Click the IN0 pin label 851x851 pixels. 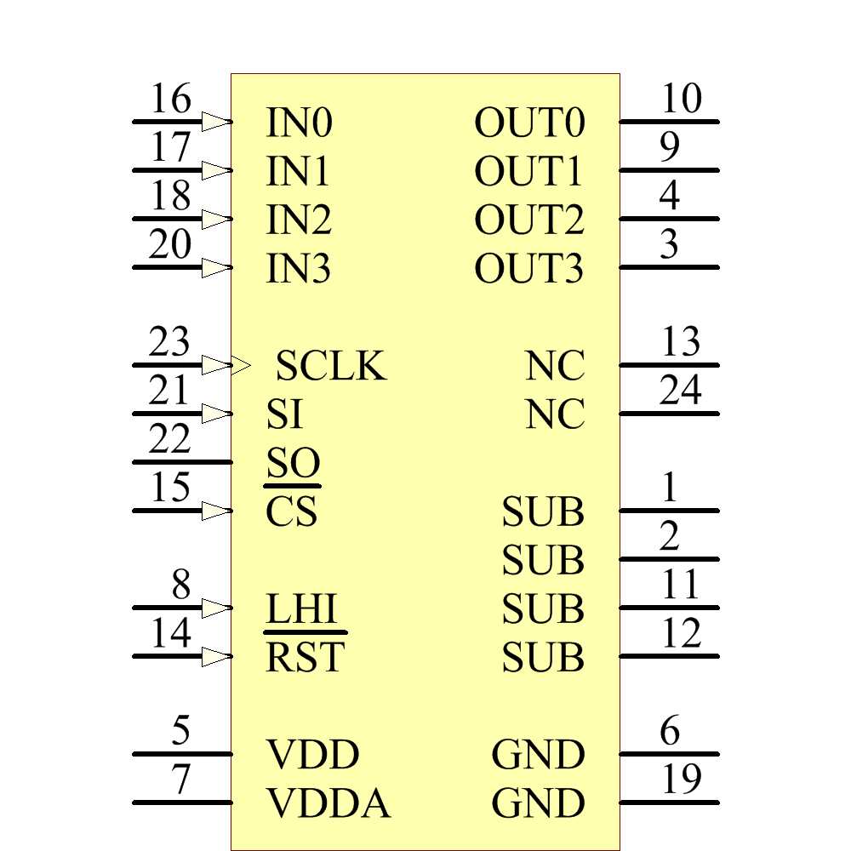pyautogui.click(x=298, y=123)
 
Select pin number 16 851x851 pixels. pyautogui.click(x=170, y=100)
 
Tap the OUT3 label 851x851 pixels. pyautogui.click(x=529, y=270)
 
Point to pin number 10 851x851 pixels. pyautogui.click(x=681, y=100)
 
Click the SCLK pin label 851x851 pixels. pyautogui.click(x=331, y=366)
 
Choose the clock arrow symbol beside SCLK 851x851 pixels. pyautogui.click(x=241, y=366)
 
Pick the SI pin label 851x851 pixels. pyautogui.click(x=284, y=415)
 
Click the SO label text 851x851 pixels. pyautogui.click(x=293, y=464)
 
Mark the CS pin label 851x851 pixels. pyautogui.click(x=291, y=512)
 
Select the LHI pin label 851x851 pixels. pyautogui.click(x=302, y=609)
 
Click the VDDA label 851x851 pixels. pyautogui.click(x=328, y=803)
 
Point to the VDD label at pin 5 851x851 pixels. pyautogui.click(x=313, y=755)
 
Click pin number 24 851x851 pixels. pyautogui.click(x=681, y=391)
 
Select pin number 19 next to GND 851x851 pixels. pyautogui.click(x=681, y=780)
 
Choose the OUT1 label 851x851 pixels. pyautogui.click(x=529, y=173)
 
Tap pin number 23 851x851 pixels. pyautogui.click(x=168, y=342)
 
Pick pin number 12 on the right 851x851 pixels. pyautogui.click(x=681, y=634)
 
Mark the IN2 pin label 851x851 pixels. pyautogui.click(x=298, y=221)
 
